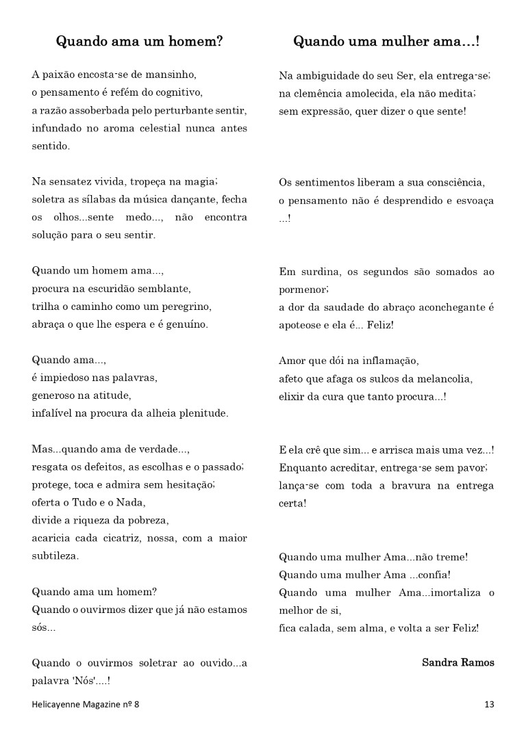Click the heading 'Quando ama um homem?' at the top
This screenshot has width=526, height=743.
[139, 41]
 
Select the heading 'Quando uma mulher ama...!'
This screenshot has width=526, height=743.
[386, 41]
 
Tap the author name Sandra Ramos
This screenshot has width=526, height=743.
[458, 662]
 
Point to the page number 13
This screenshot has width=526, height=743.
[489, 704]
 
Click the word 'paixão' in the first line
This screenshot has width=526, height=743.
[59, 74]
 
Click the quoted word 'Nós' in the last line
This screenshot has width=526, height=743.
[86, 681]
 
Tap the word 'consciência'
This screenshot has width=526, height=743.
[451, 182]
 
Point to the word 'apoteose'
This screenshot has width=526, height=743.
[299, 325]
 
